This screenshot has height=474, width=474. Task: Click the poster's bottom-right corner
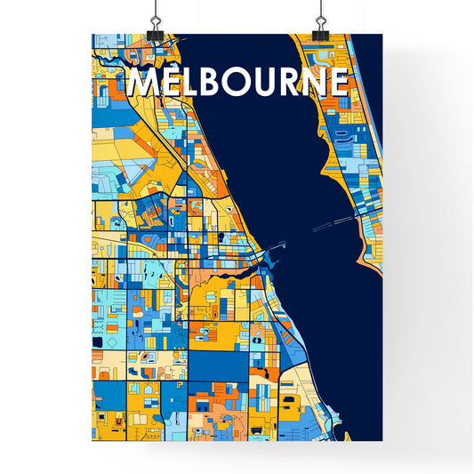click(382, 440)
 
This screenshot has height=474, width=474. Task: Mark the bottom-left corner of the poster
click(92, 440)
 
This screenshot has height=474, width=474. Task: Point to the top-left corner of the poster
click(92, 35)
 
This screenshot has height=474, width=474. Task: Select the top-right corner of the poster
click(382, 35)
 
